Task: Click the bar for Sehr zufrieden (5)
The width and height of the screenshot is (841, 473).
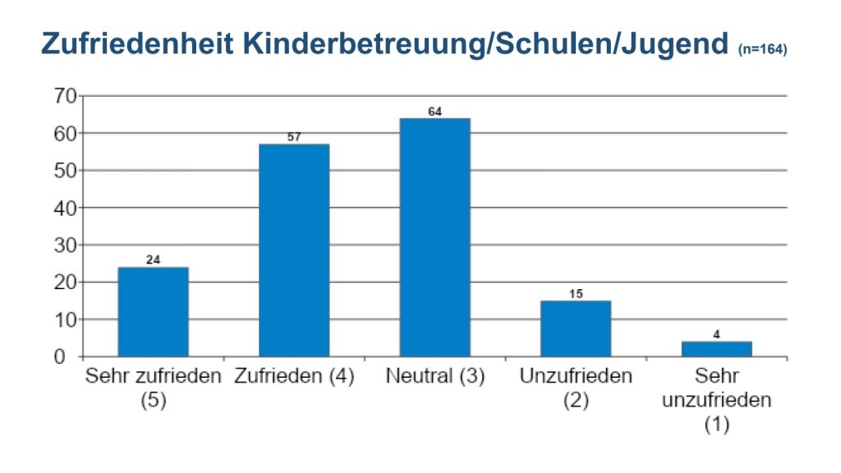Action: [x=153, y=311]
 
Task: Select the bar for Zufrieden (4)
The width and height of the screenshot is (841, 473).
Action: [x=294, y=250]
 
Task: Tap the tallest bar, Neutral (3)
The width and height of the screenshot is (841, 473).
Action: [x=434, y=237]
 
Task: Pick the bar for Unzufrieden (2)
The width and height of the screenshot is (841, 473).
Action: [x=576, y=328]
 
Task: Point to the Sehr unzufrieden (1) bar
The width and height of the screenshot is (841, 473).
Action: [x=716, y=349]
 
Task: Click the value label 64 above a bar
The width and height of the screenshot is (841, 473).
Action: [x=434, y=112]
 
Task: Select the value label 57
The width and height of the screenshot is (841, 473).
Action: [x=294, y=137]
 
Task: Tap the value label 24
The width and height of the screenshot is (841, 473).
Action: [x=153, y=260]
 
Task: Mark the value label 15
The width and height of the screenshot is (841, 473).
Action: [x=576, y=293]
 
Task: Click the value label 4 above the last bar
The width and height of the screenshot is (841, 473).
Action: [x=716, y=334]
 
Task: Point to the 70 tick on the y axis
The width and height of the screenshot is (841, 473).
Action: [x=66, y=96]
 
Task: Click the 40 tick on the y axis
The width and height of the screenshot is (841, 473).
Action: [x=66, y=208]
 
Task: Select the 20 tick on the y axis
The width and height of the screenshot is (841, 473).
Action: [x=66, y=282]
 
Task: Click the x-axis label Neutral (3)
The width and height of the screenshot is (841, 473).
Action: [x=434, y=377]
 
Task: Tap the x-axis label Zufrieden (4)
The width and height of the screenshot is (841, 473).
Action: [x=294, y=377]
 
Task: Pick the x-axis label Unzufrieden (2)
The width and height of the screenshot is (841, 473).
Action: [x=576, y=388]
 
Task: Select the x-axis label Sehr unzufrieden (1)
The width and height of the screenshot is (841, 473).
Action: [x=716, y=401]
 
